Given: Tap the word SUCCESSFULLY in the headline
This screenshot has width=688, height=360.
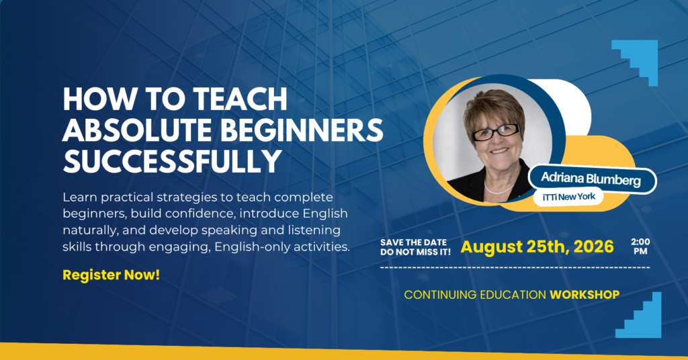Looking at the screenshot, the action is tap(172, 161).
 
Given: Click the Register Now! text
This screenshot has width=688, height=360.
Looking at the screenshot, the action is tap(111, 275).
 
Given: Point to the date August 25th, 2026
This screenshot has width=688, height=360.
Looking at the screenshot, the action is tap(537, 247).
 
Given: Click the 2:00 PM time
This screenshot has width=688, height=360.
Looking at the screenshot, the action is tap(640, 246).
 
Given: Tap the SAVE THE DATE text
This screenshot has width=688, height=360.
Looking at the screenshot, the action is tap(413, 242).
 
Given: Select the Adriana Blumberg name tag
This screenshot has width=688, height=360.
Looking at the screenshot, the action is tap(592, 179).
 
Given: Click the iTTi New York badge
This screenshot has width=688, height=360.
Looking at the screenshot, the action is tap(568, 197).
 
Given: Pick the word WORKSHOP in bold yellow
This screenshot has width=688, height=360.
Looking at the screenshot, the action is tap(585, 295).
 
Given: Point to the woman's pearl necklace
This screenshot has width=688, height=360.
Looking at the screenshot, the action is tap(499, 189).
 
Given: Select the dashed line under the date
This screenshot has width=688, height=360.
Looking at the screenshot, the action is tap(515, 267).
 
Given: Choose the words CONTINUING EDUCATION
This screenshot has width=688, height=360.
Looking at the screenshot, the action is tap(475, 295).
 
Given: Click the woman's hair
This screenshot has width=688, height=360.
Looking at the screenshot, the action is tap(494, 107).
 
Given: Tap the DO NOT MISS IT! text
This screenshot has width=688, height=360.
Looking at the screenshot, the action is tap(415, 252).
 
